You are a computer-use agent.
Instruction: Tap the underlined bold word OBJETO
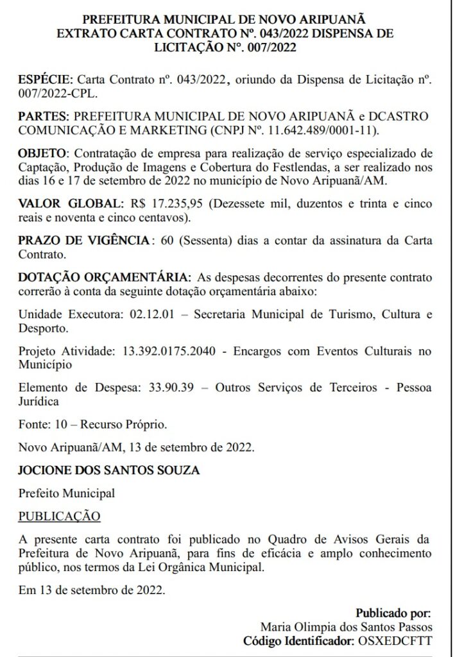coord(42,155)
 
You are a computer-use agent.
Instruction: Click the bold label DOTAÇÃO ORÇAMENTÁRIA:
coord(105,278)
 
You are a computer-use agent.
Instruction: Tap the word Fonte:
coord(33,425)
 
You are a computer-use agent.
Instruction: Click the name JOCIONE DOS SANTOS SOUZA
coord(109,470)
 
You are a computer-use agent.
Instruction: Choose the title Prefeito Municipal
coord(67,493)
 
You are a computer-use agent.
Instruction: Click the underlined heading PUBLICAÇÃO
coord(59,516)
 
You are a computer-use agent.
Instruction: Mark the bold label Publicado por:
coord(393,613)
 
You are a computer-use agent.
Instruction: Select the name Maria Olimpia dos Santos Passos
coord(347,627)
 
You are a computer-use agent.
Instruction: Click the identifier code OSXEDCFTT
coord(404,640)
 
